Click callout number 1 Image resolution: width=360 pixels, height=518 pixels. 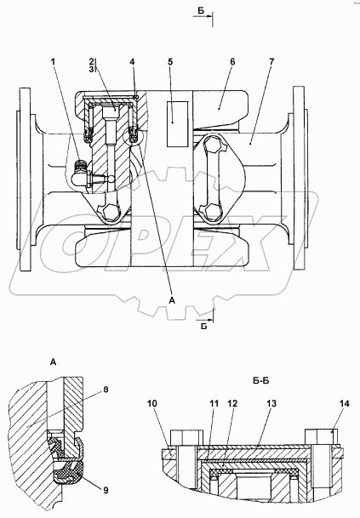point(54,62)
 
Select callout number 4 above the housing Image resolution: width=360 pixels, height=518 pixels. point(132,62)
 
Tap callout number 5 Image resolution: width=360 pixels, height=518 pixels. point(170,62)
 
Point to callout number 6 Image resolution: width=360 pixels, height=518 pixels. point(232,62)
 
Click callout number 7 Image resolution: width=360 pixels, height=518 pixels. point(271,62)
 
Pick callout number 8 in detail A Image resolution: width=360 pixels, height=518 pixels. point(106,390)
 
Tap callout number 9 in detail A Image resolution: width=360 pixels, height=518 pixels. point(106,490)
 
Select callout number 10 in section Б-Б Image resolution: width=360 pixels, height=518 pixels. point(152,404)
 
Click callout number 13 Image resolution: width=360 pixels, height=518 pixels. point(271,404)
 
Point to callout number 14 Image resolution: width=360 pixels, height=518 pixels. point(344,404)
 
